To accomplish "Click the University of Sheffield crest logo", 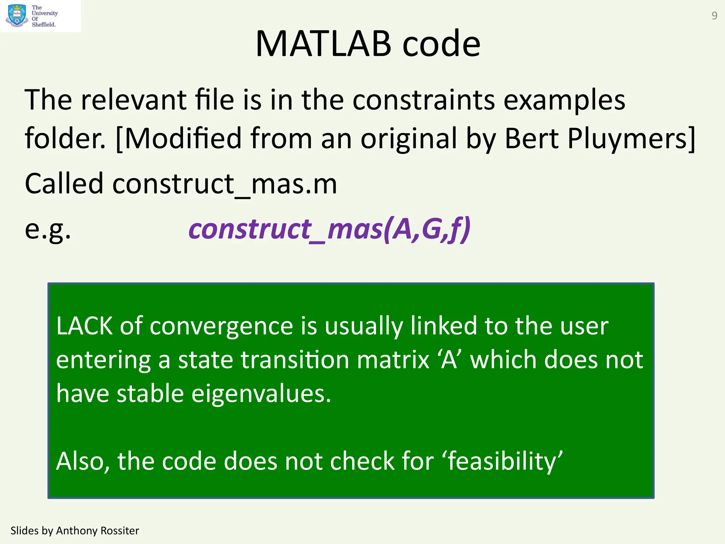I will point(17,16).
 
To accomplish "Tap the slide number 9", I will point(714,16).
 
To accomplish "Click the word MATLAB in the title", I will point(323,44).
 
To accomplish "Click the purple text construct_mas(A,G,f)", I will point(329,229).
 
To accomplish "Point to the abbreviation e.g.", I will point(48,229).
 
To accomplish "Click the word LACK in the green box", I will point(84,326).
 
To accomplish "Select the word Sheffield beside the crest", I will point(44,24).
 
